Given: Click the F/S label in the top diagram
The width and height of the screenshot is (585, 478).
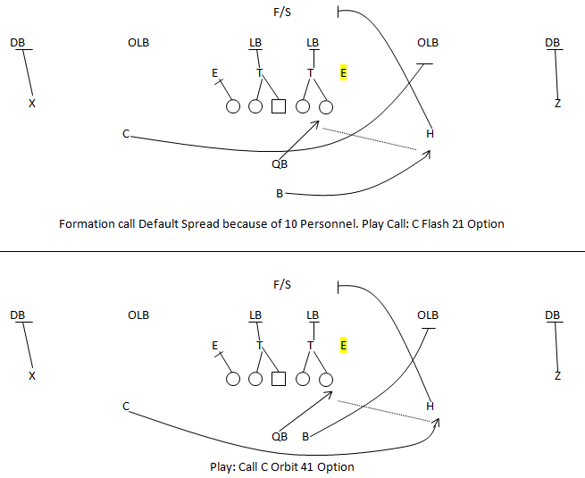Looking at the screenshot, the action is [282, 13].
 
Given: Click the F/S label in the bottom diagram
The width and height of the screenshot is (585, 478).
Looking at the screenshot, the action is [282, 285].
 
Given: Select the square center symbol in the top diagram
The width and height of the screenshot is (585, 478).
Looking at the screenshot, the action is [278, 106].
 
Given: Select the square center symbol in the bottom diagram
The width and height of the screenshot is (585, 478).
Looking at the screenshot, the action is [278, 378].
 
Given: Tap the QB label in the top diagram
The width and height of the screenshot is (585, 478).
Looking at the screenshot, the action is [280, 164].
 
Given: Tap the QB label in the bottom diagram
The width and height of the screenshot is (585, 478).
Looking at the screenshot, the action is [280, 436].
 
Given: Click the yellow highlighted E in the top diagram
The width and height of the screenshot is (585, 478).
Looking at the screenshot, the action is [344, 73].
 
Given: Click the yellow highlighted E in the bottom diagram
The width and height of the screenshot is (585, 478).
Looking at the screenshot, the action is [344, 345].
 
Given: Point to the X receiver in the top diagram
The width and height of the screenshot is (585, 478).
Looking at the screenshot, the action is [32, 104].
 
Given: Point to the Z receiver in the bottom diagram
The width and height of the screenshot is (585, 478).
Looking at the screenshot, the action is [557, 375].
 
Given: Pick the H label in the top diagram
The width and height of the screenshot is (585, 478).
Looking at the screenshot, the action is [430, 134].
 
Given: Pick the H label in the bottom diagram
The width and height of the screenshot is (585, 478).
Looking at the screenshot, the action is [430, 406].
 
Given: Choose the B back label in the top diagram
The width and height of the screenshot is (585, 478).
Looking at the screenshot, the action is [280, 193].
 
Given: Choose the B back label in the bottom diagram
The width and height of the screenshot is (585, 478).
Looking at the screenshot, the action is [305, 436].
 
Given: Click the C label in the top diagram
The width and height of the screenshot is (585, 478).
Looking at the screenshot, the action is [127, 134].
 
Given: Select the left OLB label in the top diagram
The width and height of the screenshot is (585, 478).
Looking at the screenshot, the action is [138, 43].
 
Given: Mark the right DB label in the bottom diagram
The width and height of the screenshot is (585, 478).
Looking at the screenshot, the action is [553, 314].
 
